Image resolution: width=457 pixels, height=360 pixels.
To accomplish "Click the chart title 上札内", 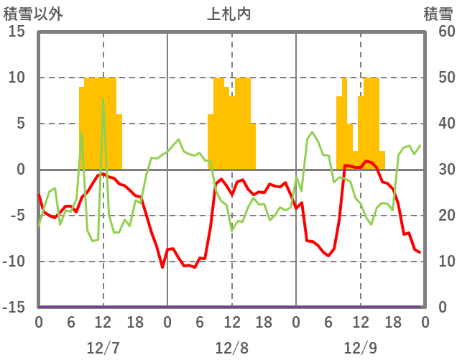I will [x=229, y=13].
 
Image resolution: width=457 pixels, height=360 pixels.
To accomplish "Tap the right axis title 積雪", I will [x=437, y=13].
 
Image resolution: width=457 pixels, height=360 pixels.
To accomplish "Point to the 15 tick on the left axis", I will [x=17, y=32].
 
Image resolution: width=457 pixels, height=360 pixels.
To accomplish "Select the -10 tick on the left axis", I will [x=14, y=262].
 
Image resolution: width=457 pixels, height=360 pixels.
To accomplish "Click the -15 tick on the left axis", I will [x=14, y=308].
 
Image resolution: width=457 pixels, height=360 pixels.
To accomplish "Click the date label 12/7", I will [x=103, y=348].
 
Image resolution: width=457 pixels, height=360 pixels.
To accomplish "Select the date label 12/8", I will [x=231, y=348].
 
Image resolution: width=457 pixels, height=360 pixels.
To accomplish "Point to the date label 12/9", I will [x=360, y=348].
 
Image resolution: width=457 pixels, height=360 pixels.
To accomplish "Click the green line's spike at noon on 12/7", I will [x=103, y=99].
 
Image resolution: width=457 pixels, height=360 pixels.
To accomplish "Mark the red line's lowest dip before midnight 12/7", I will [x=162, y=267].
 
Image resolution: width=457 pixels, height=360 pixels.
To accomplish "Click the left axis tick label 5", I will [x=21, y=124].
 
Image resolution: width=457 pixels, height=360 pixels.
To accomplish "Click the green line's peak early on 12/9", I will [x=313, y=132].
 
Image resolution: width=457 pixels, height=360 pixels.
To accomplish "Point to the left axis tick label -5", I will [x=18, y=216].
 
